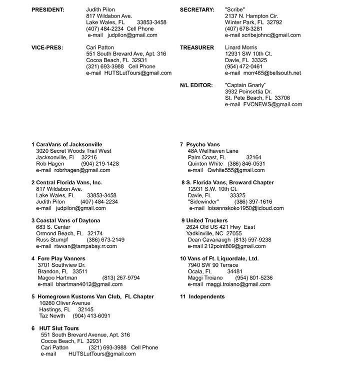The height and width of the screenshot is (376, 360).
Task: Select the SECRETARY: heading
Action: tap(197, 10)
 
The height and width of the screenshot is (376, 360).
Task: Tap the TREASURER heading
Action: tap(197, 48)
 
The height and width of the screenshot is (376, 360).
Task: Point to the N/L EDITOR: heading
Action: tap(196, 86)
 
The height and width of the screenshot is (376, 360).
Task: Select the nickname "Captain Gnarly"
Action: tap(245, 86)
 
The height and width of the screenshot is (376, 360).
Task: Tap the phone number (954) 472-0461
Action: tap(243, 67)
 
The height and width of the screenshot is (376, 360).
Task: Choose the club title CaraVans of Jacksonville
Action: tap(69, 145)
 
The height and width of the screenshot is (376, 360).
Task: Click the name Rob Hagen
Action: tap(50, 164)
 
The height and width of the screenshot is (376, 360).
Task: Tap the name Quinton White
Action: tap(205, 164)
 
